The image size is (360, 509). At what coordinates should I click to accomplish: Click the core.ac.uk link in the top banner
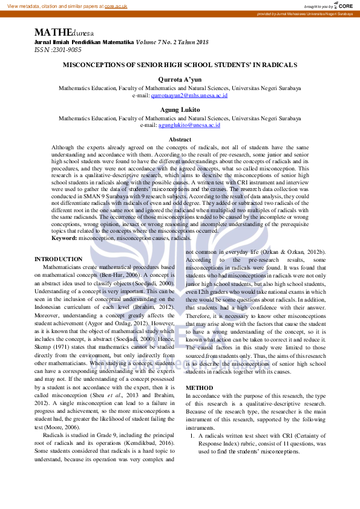pos(116,6)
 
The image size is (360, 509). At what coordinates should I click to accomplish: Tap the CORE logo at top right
pos(342,5)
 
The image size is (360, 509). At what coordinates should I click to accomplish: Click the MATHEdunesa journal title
pos(64,33)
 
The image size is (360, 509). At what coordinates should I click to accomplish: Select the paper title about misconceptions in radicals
pos(180,64)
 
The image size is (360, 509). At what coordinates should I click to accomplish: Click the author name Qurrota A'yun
pos(180,79)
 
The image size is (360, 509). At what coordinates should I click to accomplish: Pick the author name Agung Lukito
pos(180,110)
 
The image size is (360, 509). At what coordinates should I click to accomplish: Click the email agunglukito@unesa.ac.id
pos(189,125)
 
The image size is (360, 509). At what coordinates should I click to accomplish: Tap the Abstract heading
pos(180,140)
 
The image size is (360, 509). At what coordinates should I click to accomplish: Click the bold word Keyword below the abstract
pos(64,238)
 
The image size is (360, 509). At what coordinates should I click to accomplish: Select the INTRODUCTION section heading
pos(59,259)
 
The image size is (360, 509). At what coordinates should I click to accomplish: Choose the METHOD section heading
pos(199,387)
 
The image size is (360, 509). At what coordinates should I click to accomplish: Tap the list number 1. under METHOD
pos(192,435)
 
